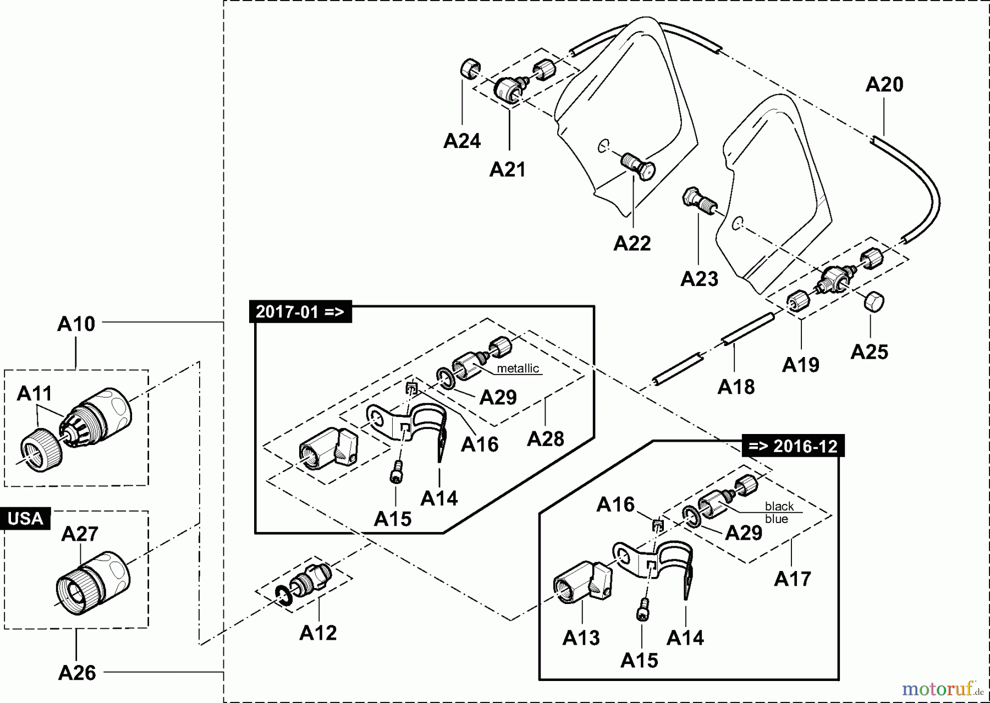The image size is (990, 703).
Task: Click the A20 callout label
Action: tap(884, 85)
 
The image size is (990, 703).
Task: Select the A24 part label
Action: tap(462, 141)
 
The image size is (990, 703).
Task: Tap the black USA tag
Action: tap(25, 519)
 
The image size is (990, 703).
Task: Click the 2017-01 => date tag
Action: tap(300, 312)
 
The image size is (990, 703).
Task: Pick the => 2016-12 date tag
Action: tap(793, 446)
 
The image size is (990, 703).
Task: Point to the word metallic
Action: tap(518, 369)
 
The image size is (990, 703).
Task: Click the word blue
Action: tap(776, 519)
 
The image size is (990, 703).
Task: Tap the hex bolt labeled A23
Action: tap(697, 201)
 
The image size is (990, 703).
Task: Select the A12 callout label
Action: tap(318, 633)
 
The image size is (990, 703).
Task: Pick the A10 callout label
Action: tap(76, 324)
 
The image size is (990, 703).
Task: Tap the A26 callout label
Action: tap(77, 672)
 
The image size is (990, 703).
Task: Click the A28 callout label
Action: tap(545, 438)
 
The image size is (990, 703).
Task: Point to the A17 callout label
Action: tap(792, 579)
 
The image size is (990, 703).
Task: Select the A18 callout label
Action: tap(736, 387)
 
